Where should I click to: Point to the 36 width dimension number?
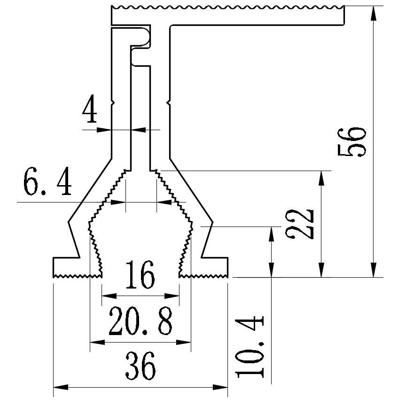coord(140,367)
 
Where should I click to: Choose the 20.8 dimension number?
coord(140,321)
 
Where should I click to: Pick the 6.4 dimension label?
coord(48,184)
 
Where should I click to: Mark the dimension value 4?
coord(90,110)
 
